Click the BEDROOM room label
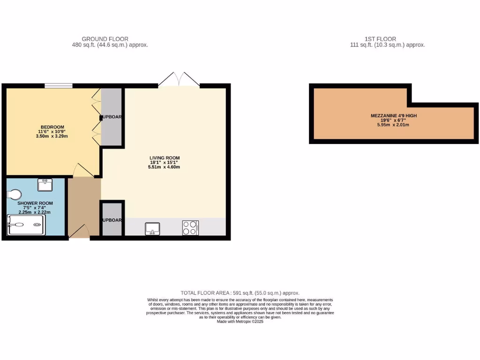point(52,127)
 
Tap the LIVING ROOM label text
point(165,157)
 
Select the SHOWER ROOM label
point(35,203)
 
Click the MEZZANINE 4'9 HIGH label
point(393,115)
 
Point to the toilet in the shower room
point(15,194)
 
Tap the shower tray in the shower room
point(26,225)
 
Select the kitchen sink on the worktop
point(152,228)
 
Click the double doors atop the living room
point(179,80)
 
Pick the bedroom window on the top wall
point(59,86)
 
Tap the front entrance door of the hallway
point(80,232)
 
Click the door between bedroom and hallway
point(82,171)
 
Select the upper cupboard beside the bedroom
point(112,116)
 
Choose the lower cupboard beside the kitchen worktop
point(112,219)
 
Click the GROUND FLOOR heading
point(105,39)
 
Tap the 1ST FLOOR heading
point(380,39)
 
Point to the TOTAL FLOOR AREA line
point(240,293)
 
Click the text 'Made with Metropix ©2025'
point(240,322)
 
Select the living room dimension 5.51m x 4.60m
point(165,167)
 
